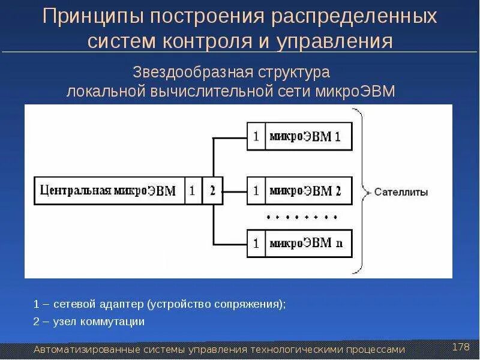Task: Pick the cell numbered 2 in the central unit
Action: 212,191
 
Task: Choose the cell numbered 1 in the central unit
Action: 192,191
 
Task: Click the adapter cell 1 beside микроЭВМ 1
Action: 256,137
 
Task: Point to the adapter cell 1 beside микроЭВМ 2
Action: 256,191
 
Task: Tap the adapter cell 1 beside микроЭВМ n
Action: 256,244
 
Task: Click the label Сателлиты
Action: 401,193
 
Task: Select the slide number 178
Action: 460,347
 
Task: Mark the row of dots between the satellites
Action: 302,217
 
